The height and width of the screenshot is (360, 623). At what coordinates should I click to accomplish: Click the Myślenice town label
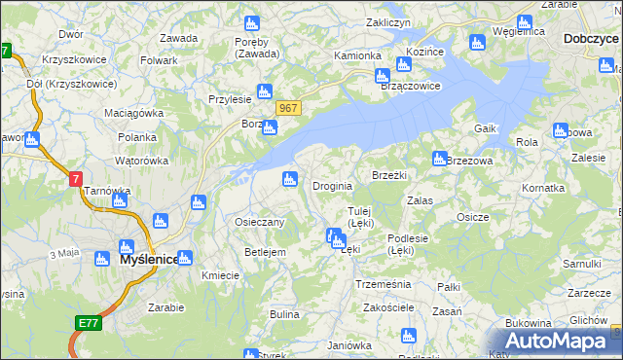coord(149,261)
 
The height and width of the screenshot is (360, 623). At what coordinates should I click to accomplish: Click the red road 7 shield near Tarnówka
coord(76,179)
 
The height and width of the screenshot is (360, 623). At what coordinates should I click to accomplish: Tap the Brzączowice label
coord(410,86)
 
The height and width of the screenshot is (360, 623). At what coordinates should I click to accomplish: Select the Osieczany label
coord(259,222)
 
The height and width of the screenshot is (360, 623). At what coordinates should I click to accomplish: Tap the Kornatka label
coord(543,186)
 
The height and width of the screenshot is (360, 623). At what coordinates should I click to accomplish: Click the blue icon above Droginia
coord(289,178)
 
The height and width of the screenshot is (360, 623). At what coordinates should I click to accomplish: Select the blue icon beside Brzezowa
coord(439,159)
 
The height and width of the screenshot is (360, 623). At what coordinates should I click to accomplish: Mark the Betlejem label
coord(265,252)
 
